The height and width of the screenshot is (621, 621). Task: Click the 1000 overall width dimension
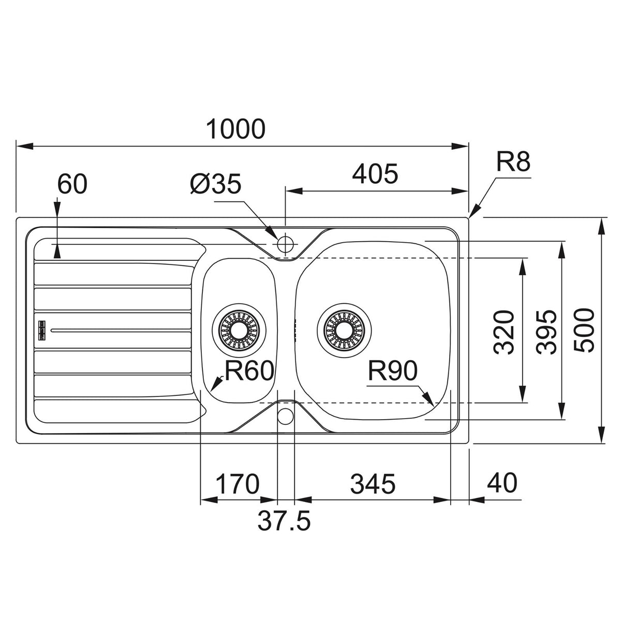tap(235, 129)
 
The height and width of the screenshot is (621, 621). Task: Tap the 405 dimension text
tap(375, 174)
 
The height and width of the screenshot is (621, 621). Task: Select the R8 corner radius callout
tap(513, 162)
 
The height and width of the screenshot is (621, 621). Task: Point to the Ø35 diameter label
tap(215, 185)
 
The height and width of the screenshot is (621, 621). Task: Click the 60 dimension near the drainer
tap(72, 184)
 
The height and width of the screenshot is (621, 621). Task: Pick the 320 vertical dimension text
tap(504, 333)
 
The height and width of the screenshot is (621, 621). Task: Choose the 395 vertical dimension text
tap(546, 333)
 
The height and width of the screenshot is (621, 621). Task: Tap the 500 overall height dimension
tap(583, 331)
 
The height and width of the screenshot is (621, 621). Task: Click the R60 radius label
tap(249, 371)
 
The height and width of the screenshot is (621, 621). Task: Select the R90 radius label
tap(392, 371)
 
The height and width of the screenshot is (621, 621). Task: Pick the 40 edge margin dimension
tap(502, 483)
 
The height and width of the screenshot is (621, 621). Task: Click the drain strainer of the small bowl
tap(239, 330)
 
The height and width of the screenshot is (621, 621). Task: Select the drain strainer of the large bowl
tap(344, 330)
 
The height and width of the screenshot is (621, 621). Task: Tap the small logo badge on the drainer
tap(42, 330)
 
